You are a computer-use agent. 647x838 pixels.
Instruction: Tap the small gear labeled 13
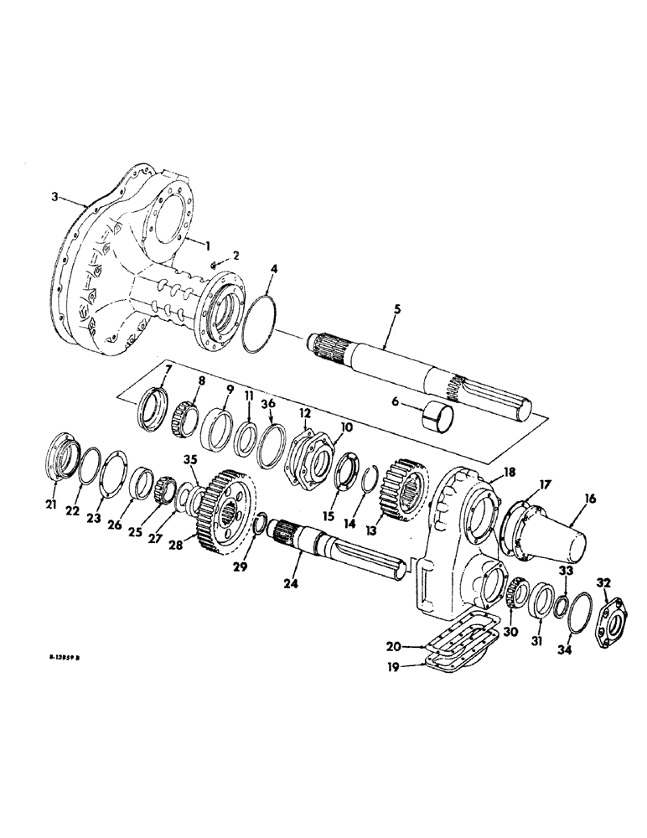(406, 490)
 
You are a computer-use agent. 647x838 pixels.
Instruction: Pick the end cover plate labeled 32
(605, 611)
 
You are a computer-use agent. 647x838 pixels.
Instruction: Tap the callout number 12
(305, 412)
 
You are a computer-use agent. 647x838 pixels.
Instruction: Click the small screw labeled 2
(215, 266)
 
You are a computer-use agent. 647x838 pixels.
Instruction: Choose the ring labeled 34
(577, 623)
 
